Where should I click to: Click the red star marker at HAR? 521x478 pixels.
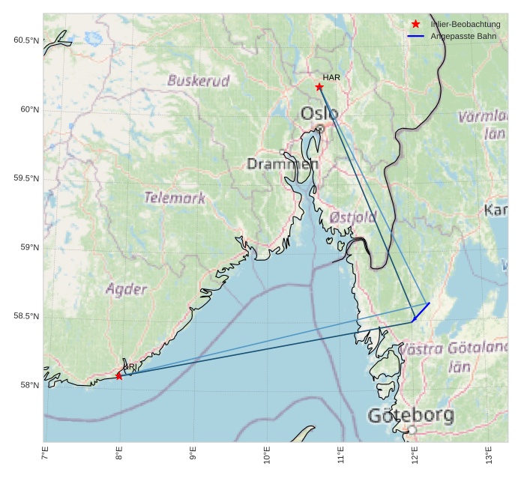pyautogui.click(x=319, y=87)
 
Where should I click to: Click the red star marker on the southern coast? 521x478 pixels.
pyautogui.click(x=119, y=375)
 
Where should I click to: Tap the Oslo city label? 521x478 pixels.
pyautogui.click(x=319, y=114)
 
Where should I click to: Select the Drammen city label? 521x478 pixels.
pyautogui.click(x=283, y=163)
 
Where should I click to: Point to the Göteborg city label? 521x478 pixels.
pyautogui.click(x=411, y=414)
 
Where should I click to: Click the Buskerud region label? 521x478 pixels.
pyautogui.click(x=199, y=80)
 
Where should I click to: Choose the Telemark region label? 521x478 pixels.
pyautogui.click(x=175, y=198)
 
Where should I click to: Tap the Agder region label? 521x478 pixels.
pyautogui.click(x=127, y=288)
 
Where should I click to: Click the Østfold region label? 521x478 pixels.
pyautogui.click(x=353, y=217)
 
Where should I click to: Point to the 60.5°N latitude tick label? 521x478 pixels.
pyautogui.click(x=25, y=40)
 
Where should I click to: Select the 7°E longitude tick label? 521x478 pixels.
pyautogui.click(x=45, y=454)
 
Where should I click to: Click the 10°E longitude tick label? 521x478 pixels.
pyautogui.click(x=267, y=456)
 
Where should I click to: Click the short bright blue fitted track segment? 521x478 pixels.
pyautogui.click(x=421, y=311)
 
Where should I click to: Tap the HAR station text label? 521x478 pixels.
pyautogui.click(x=331, y=77)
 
